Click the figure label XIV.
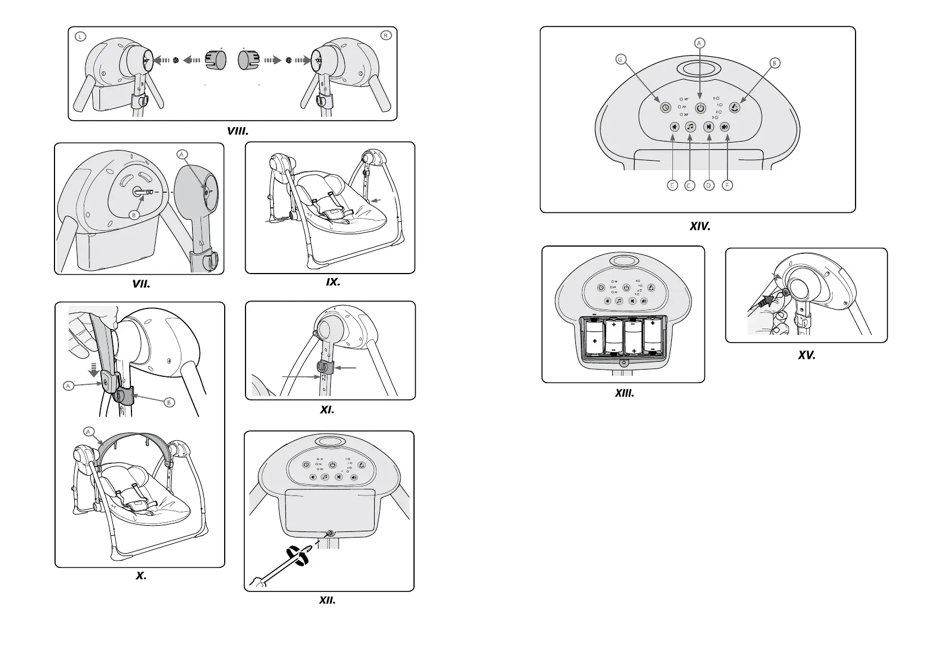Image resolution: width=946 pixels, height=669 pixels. (x=700, y=227)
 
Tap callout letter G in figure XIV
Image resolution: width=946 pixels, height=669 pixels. (x=621, y=59)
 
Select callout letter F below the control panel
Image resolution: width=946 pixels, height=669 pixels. (x=728, y=185)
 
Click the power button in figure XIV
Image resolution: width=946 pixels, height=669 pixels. (x=700, y=107)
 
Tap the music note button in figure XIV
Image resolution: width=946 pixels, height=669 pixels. (x=690, y=127)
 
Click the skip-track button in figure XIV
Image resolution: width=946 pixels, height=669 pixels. (x=709, y=127)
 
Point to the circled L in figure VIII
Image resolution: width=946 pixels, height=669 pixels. (x=81, y=36)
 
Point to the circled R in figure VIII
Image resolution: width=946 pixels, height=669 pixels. (x=385, y=35)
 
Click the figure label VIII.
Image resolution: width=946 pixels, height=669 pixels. (x=238, y=131)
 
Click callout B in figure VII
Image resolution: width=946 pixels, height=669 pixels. (x=134, y=215)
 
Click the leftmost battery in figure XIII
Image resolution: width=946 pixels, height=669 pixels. (x=594, y=338)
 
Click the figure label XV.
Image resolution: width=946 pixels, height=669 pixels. (x=806, y=355)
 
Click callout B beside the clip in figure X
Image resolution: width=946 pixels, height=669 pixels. (x=169, y=402)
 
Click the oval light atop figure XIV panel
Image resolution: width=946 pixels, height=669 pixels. (x=699, y=69)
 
